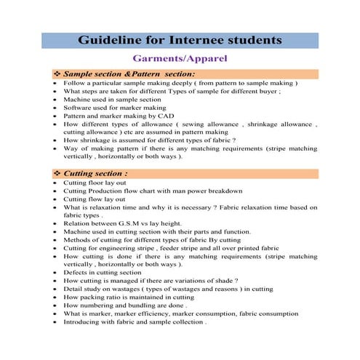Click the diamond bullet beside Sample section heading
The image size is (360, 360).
click(57, 73)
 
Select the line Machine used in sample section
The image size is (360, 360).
click(107, 100)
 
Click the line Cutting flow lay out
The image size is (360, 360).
click(94, 199)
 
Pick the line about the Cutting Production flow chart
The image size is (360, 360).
click(153, 191)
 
